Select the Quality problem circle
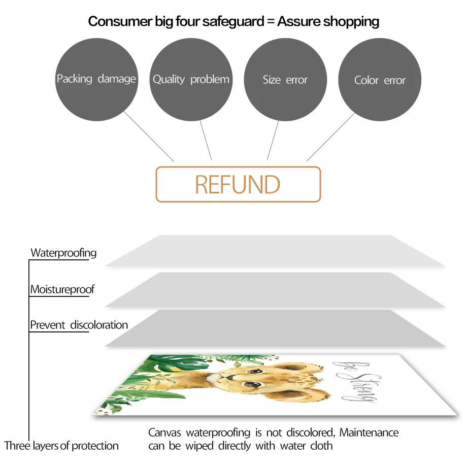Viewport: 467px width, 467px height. pos(191,79)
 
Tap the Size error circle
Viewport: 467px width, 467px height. pos(285,79)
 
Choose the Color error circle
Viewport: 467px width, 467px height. pos(380,80)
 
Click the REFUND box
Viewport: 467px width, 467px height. pos(238,184)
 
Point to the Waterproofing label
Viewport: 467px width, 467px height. pos(63,253)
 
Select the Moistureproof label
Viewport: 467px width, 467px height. pos(62,290)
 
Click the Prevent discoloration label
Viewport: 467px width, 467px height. pos(79,325)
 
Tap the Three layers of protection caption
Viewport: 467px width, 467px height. pos(61,446)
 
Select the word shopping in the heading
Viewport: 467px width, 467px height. pos(350,21)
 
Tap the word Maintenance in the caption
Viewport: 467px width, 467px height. pos(369,432)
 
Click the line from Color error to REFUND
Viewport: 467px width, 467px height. pos(330,137)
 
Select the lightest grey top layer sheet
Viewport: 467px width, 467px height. pos(274,251)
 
